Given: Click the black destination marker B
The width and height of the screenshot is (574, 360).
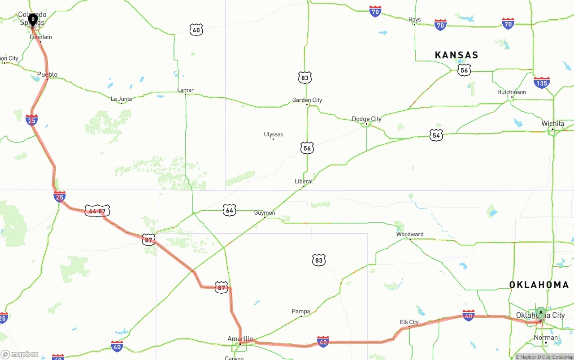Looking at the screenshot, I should click(x=33, y=20).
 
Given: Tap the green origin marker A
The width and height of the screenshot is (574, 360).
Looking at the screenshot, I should click(x=541, y=312).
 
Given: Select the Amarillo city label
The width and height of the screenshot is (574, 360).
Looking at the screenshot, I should click(x=240, y=338).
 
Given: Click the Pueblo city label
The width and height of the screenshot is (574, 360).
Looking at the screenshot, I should click(x=47, y=74).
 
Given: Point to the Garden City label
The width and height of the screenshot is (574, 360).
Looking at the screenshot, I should click(x=307, y=100).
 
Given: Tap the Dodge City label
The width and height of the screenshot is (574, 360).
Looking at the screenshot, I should click(x=366, y=119).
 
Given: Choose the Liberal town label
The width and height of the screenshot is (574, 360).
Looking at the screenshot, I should click(x=304, y=181).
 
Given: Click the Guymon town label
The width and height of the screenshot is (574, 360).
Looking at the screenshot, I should click(x=265, y=213).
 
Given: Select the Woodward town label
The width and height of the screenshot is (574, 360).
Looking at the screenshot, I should click(x=409, y=234).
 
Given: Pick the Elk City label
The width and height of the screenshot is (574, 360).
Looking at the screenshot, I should click(x=409, y=322).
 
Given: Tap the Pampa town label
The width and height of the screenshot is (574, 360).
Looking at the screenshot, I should click(x=301, y=311).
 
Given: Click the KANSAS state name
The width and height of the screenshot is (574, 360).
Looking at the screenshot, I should click(x=457, y=55).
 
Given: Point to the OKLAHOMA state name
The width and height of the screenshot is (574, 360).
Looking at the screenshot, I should click(x=539, y=285).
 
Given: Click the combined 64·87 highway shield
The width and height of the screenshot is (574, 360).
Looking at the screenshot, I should click(x=97, y=211).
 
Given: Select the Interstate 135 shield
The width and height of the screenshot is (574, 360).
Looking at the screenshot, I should click(x=542, y=83).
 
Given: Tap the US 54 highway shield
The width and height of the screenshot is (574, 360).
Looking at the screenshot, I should click(x=436, y=135).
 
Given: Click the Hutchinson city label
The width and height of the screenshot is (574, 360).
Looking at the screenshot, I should click(x=511, y=92).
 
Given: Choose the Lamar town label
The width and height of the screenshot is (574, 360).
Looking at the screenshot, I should click(x=185, y=90).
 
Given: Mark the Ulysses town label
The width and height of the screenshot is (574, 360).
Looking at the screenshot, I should click(x=273, y=134).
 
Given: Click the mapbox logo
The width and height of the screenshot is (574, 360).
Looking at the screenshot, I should click(x=20, y=355).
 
